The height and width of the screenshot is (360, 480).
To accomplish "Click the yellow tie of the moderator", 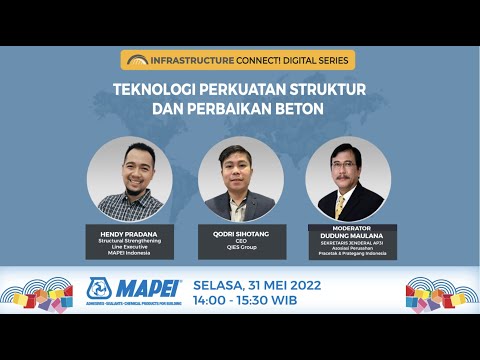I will (x=339, y=205).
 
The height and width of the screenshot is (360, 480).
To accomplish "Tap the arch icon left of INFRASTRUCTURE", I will (x=137, y=60).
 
